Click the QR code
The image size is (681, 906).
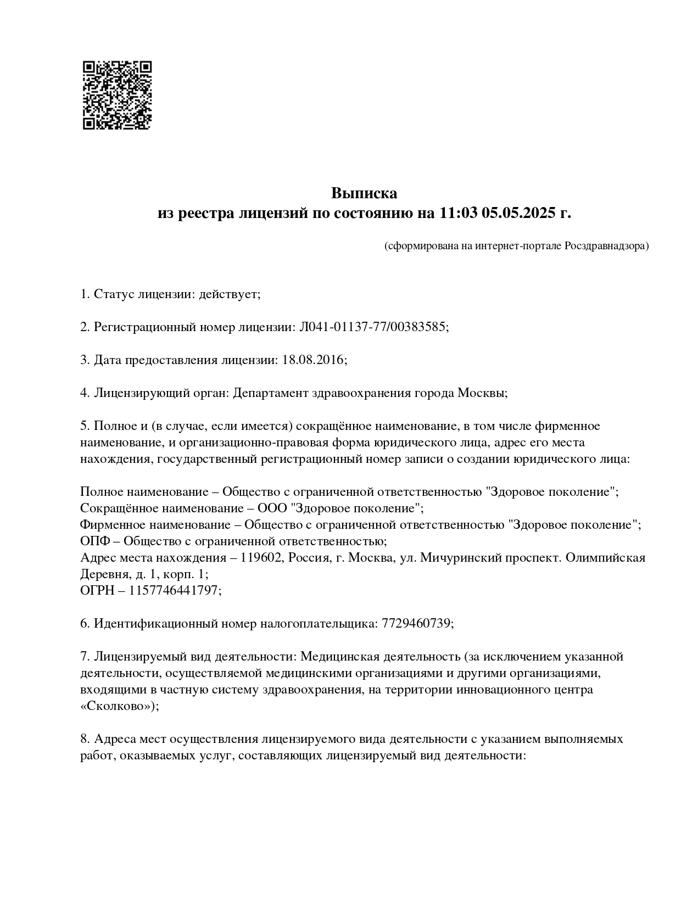coord(117,95)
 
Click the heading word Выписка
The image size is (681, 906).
coord(364,193)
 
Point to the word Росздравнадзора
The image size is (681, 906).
coord(606,246)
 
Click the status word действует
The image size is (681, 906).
coord(229,294)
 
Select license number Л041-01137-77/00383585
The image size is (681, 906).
coord(373,327)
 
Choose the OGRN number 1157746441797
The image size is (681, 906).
coord(174,591)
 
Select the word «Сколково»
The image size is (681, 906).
coord(118,706)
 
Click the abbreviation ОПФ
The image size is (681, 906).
coord(94,541)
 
